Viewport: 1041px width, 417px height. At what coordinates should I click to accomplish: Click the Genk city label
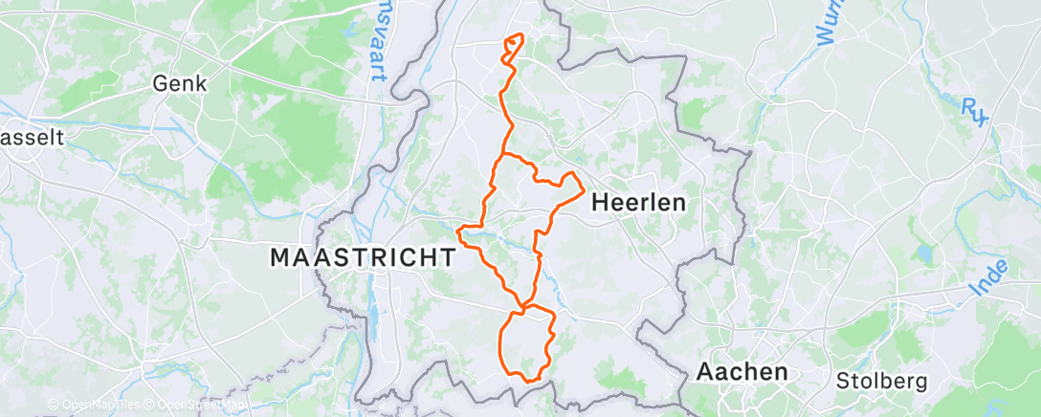180,84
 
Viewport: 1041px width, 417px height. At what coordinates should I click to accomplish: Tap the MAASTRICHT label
363,257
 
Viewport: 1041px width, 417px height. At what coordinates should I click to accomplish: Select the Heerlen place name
638,203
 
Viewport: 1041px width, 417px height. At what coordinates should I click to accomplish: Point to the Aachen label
742,371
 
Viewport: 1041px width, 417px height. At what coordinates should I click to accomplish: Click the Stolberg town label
882,381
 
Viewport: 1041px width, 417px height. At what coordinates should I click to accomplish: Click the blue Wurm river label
829,21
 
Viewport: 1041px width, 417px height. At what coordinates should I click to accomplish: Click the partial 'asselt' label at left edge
32,138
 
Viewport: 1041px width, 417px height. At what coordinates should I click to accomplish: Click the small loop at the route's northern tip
513,46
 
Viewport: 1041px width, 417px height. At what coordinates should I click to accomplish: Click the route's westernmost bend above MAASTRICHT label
460,230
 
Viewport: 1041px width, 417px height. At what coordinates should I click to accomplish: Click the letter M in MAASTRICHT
281,257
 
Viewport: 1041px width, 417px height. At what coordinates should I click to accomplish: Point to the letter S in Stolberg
843,381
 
